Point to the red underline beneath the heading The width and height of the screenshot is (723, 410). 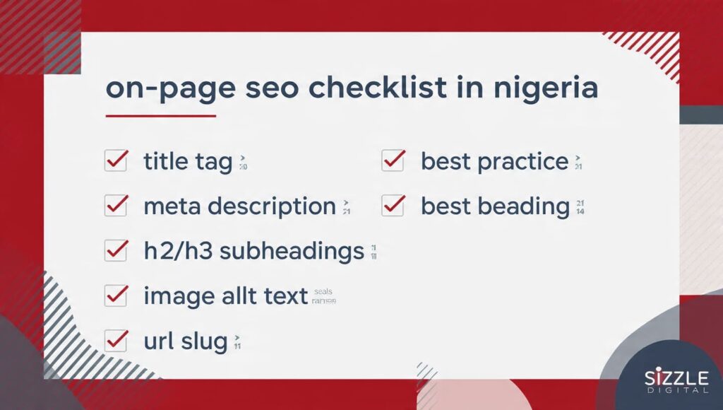(160, 116)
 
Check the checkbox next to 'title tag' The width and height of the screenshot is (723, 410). (115, 160)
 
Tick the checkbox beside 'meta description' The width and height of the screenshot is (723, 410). (115, 206)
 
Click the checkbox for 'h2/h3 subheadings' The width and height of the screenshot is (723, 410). (115, 250)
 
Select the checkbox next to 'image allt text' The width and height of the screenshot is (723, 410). (115, 295)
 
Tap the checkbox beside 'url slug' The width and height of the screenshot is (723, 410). (115, 341)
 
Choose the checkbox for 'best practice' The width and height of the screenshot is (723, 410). (393, 160)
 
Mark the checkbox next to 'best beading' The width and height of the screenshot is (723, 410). (393, 206)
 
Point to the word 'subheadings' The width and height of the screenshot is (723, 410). (292, 251)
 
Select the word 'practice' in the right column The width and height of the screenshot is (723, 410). (523, 162)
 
